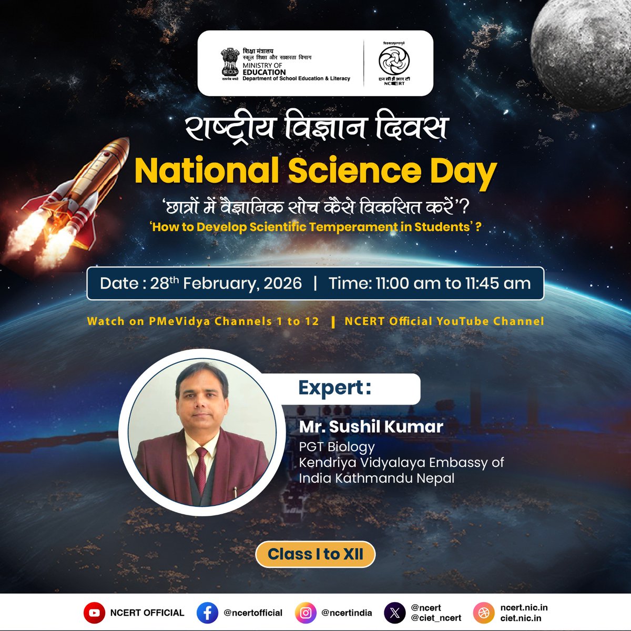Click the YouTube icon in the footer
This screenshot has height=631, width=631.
[94, 613]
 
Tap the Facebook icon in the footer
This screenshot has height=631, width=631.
[207, 613]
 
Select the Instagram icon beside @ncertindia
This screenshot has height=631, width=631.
[306, 613]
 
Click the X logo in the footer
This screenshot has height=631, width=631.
[395, 613]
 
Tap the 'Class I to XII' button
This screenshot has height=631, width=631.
[315, 554]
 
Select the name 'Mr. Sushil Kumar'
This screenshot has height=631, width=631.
[371, 426]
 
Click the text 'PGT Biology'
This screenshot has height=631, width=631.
[337, 447]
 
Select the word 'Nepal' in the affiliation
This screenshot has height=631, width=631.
[435, 479]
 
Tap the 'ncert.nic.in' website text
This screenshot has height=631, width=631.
[524, 608]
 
